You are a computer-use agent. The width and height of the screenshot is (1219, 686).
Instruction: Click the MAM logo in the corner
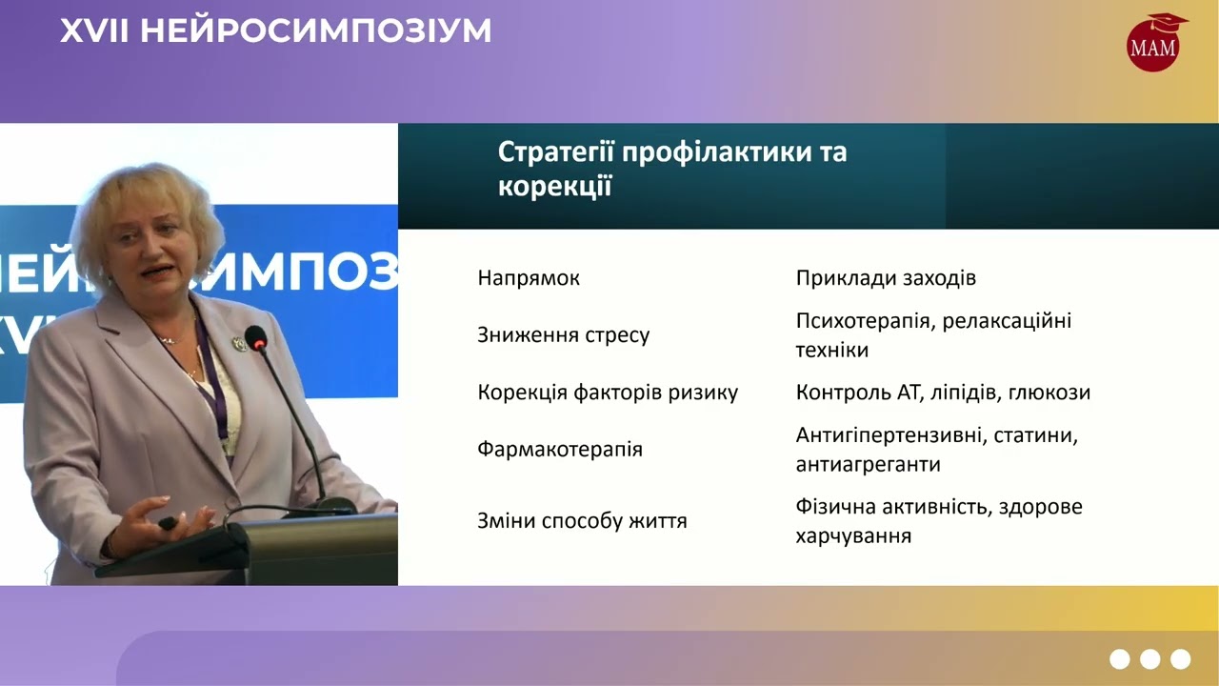(x=1153, y=44)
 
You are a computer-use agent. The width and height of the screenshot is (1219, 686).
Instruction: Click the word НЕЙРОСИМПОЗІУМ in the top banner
(x=316, y=31)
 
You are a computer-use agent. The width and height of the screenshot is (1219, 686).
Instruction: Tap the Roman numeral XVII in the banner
(x=95, y=31)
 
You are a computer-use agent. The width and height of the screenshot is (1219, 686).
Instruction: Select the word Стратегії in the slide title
(x=554, y=152)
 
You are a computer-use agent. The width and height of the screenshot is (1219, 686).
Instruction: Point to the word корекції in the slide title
(x=553, y=187)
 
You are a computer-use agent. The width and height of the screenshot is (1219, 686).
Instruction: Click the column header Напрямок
(x=529, y=278)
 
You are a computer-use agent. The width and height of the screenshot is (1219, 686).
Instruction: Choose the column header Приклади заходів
(x=886, y=278)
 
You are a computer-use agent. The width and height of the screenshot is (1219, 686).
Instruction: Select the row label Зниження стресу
(x=564, y=335)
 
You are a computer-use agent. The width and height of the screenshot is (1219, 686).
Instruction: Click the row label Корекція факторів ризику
(x=608, y=393)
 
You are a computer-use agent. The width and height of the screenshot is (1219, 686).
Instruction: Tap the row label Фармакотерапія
(x=560, y=449)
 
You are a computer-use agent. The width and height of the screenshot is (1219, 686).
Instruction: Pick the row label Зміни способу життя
(x=582, y=521)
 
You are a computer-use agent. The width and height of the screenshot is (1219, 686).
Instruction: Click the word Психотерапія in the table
(x=863, y=321)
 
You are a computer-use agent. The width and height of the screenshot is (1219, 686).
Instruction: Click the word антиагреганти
(x=869, y=465)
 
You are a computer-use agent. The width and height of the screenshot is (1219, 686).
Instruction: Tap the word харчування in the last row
(x=853, y=536)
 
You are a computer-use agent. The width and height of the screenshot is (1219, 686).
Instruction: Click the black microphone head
(x=255, y=337)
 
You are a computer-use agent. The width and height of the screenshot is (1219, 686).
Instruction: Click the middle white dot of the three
(x=1149, y=658)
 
